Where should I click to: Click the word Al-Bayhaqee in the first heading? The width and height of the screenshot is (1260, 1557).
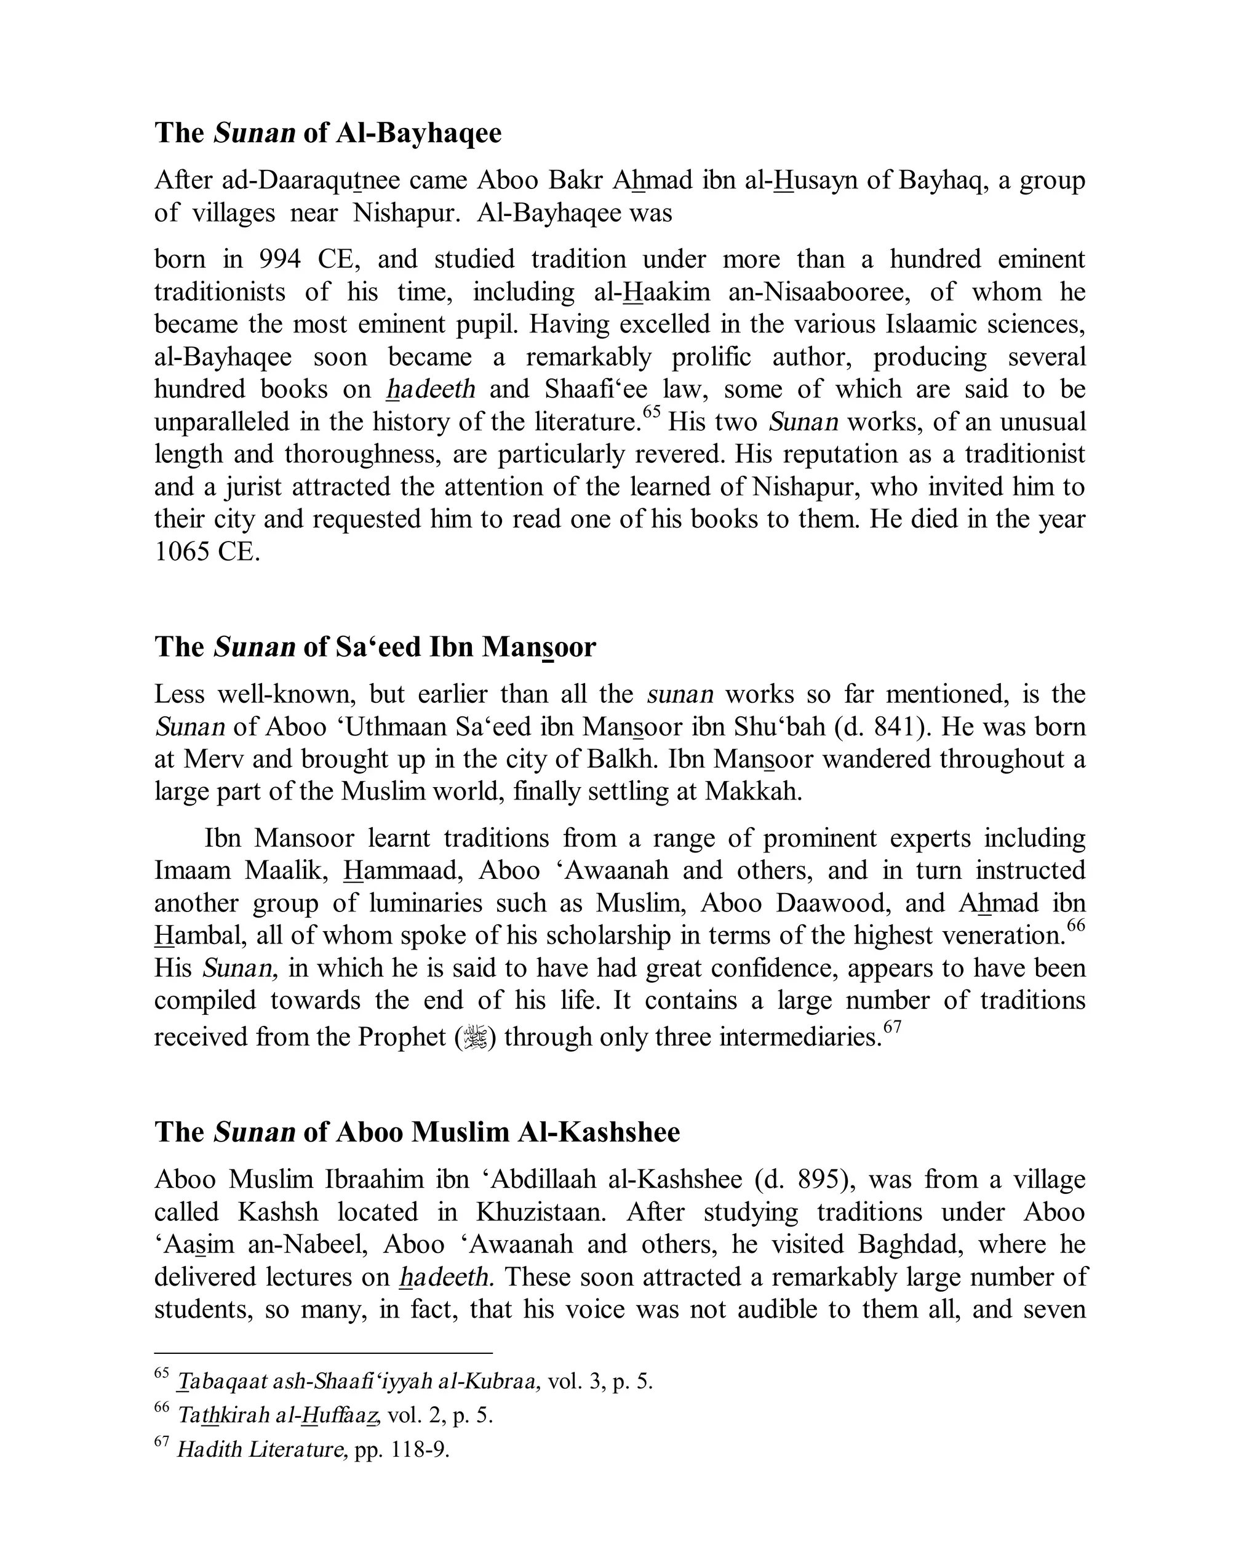click(x=418, y=133)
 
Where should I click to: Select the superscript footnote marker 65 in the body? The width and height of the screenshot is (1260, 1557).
click(x=652, y=412)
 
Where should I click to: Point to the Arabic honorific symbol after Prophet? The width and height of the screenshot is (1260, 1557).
click(x=476, y=1036)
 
